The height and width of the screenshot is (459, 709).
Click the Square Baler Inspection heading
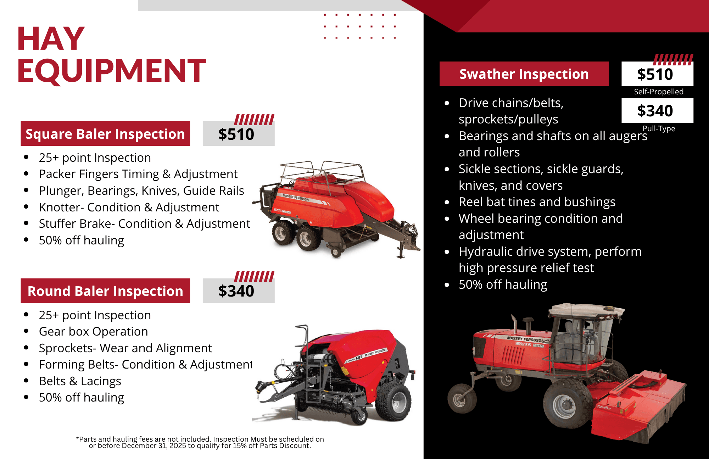tap(105, 134)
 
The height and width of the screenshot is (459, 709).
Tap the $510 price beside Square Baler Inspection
tap(236, 134)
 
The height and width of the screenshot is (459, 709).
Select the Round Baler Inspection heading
tap(105, 291)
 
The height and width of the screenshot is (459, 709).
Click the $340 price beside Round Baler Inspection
tap(236, 291)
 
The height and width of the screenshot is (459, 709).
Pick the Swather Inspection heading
tap(524, 74)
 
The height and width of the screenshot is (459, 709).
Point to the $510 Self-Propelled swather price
tap(655, 74)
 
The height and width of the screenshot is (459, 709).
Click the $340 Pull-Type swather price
tap(655, 111)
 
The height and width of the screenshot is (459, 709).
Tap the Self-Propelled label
tap(659, 92)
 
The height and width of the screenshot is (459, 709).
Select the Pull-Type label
tap(659, 128)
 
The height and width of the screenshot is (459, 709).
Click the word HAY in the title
tap(51, 39)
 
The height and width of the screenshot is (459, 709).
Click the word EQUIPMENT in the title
tap(111, 71)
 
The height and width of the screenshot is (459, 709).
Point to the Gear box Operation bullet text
tap(93, 331)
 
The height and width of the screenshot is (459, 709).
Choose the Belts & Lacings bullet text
tap(80, 381)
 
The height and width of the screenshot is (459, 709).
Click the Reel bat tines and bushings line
tap(537, 202)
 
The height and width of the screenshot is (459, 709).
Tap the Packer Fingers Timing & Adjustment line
tap(138, 174)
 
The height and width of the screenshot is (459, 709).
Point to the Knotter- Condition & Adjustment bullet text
tap(129, 207)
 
